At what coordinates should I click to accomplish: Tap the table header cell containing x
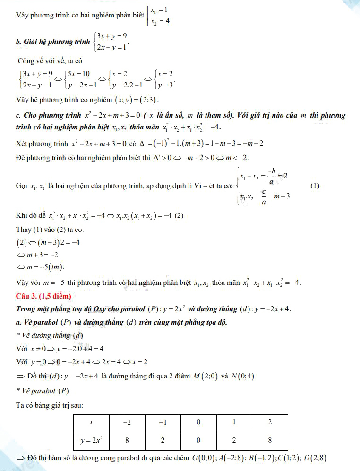coord(91,422)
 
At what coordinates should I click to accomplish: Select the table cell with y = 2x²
coord(91,440)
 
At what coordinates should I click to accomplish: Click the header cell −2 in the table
coord(127,422)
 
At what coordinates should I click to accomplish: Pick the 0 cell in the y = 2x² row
coord(198,440)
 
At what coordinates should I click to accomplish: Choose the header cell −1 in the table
coord(163,422)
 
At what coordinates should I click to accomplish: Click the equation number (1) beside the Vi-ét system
coord(315,186)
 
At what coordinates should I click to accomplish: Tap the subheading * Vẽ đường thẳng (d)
coord(50,335)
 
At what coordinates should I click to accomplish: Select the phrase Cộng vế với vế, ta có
coord(50,61)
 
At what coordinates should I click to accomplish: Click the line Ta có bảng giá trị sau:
coord(50,405)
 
